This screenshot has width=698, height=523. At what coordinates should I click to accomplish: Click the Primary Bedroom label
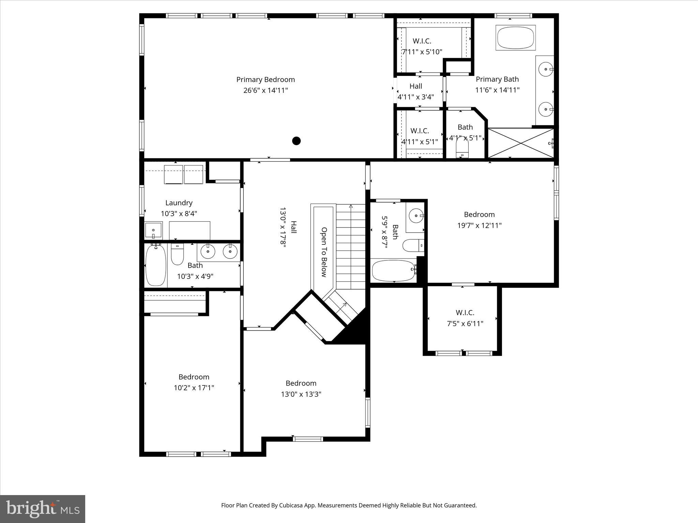pyautogui.click(x=265, y=79)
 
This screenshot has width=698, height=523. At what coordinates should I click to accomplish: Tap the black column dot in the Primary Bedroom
pyautogui.click(x=297, y=141)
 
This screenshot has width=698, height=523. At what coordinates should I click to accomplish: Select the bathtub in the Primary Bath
pyautogui.click(x=515, y=38)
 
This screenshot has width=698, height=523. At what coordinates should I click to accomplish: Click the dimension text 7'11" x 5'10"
pyautogui.click(x=422, y=52)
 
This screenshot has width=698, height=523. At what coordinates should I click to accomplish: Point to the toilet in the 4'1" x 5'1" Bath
pyautogui.click(x=462, y=149)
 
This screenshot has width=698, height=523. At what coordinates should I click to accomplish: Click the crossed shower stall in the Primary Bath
pyautogui.click(x=520, y=143)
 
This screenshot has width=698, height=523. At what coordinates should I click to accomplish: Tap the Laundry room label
pyautogui.click(x=179, y=203)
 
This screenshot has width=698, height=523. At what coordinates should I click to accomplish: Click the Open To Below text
pyautogui.click(x=324, y=252)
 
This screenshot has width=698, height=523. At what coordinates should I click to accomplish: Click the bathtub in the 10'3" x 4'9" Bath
pyautogui.click(x=156, y=265)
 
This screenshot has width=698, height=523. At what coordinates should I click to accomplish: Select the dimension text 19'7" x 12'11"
pyautogui.click(x=479, y=225)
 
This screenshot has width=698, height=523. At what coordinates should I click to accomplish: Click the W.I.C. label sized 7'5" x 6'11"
pyautogui.click(x=465, y=312)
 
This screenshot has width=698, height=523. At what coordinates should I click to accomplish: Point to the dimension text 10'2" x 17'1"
pyautogui.click(x=194, y=387)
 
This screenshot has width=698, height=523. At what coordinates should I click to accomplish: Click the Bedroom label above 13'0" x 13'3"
pyautogui.click(x=301, y=383)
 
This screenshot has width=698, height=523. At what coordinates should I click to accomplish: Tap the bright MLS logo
pyautogui.click(x=43, y=508)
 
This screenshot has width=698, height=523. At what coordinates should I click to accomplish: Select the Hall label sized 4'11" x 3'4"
pyautogui.click(x=416, y=86)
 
